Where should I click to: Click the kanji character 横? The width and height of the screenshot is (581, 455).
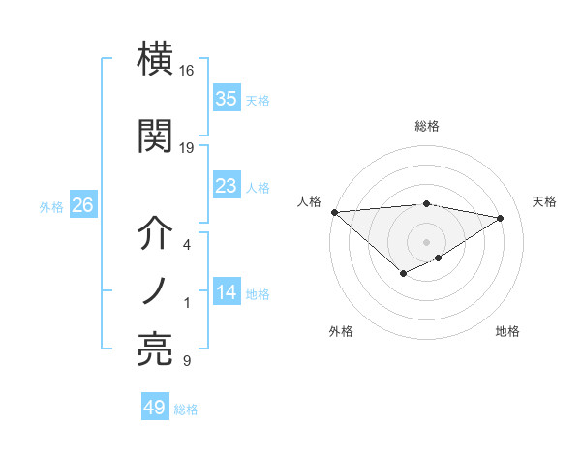157,60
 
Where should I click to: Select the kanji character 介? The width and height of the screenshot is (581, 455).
157,234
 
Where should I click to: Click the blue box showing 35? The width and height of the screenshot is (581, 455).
227,99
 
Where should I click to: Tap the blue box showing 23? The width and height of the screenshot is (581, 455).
227,186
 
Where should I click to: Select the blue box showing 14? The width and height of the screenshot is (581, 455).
227,293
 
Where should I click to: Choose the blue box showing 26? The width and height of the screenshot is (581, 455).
82,205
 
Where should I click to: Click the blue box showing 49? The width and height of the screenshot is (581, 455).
155,408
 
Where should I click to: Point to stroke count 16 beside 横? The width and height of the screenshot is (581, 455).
187,71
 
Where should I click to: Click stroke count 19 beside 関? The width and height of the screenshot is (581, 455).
187,148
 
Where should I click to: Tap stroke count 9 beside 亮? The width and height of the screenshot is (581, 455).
187,361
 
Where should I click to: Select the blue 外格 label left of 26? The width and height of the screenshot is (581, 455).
51,206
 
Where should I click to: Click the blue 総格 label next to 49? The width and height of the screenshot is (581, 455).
186,409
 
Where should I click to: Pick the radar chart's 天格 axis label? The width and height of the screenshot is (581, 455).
544,201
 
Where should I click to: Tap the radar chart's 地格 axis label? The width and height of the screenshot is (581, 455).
507,331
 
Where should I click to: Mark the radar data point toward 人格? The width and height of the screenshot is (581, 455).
334,212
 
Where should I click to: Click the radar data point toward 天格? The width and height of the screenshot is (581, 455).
501,219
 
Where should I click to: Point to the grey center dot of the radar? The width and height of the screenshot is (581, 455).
426,241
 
